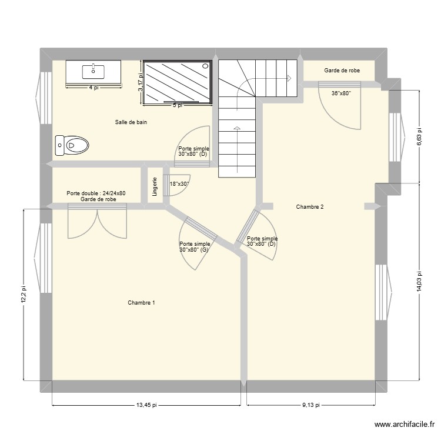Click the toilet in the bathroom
click(x=71, y=143)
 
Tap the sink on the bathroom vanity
click(x=93, y=71)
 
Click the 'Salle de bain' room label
click(x=131, y=122)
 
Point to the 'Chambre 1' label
click(x=141, y=303)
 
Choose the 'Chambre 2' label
click(x=310, y=206)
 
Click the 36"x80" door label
click(x=340, y=93)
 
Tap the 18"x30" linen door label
click(x=179, y=184)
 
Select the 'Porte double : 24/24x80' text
click(x=96, y=193)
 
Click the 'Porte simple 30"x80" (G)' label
click(x=195, y=247)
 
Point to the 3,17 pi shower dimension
click(x=141, y=82)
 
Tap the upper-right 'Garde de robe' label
click(x=342, y=71)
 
